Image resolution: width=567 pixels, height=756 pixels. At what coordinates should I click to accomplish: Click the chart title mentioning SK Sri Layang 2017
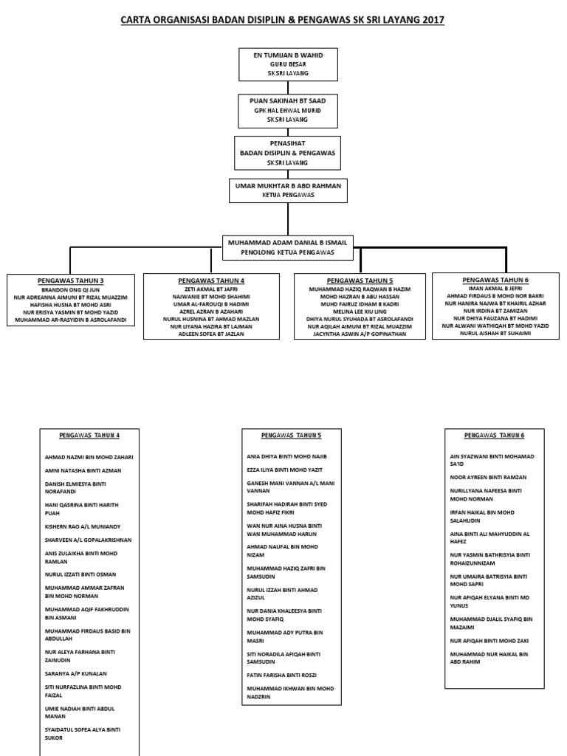[x=282, y=20]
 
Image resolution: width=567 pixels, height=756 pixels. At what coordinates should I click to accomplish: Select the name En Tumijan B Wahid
[x=289, y=55]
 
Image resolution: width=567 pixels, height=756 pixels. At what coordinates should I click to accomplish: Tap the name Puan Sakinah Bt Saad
[x=288, y=100]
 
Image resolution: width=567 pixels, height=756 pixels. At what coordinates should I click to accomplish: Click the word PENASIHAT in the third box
[x=287, y=143]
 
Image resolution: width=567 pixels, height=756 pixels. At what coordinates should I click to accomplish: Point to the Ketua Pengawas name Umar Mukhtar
[x=288, y=185]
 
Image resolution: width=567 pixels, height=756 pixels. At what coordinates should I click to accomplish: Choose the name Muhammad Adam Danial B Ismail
[x=287, y=242]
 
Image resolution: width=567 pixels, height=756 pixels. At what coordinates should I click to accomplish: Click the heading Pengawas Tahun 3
[x=70, y=281]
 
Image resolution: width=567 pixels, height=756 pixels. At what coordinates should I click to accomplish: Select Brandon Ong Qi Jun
[x=70, y=289]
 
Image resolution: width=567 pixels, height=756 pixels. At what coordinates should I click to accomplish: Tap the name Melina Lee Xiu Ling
[x=360, y=312]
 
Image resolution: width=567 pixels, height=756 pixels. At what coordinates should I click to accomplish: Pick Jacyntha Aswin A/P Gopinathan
[x=360, y=334]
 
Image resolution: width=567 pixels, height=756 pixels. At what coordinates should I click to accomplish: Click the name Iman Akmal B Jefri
[x=495, y=289]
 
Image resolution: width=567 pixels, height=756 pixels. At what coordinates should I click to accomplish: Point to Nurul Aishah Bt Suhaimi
[x=495, y=333]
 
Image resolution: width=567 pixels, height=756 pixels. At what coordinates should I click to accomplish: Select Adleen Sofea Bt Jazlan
[x=211, y=334]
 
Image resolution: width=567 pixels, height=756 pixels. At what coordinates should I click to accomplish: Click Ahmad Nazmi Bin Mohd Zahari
[x=89, y=457]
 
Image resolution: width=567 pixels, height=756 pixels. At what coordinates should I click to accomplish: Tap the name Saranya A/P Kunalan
[x=76, y=673]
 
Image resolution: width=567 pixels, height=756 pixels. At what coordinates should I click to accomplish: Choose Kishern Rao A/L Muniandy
[x=83, y=526]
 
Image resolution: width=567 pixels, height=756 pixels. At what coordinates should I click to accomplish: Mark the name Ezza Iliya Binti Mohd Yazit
[x=284, y=470]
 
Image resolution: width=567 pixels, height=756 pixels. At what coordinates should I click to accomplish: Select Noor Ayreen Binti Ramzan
[x=489, y=478]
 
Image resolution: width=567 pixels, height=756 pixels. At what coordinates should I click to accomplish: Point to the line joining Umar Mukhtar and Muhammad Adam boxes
[x=289, y=219]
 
